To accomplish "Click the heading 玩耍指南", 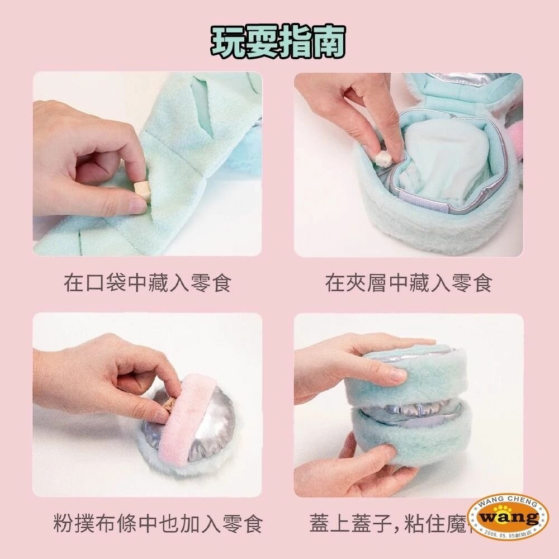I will [278, 40].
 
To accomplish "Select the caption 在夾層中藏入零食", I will [409, 283].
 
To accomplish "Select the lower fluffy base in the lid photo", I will [414, 442].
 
